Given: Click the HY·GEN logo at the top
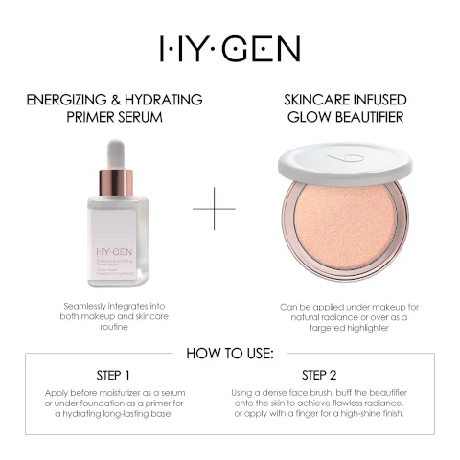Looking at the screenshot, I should coord(230,48).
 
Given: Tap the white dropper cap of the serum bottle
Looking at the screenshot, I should coord(116,153).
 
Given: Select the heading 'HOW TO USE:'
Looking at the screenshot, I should coord(230,354).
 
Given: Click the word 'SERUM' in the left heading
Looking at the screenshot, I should coord(142,118).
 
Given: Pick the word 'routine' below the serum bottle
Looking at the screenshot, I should coord(114,327).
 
